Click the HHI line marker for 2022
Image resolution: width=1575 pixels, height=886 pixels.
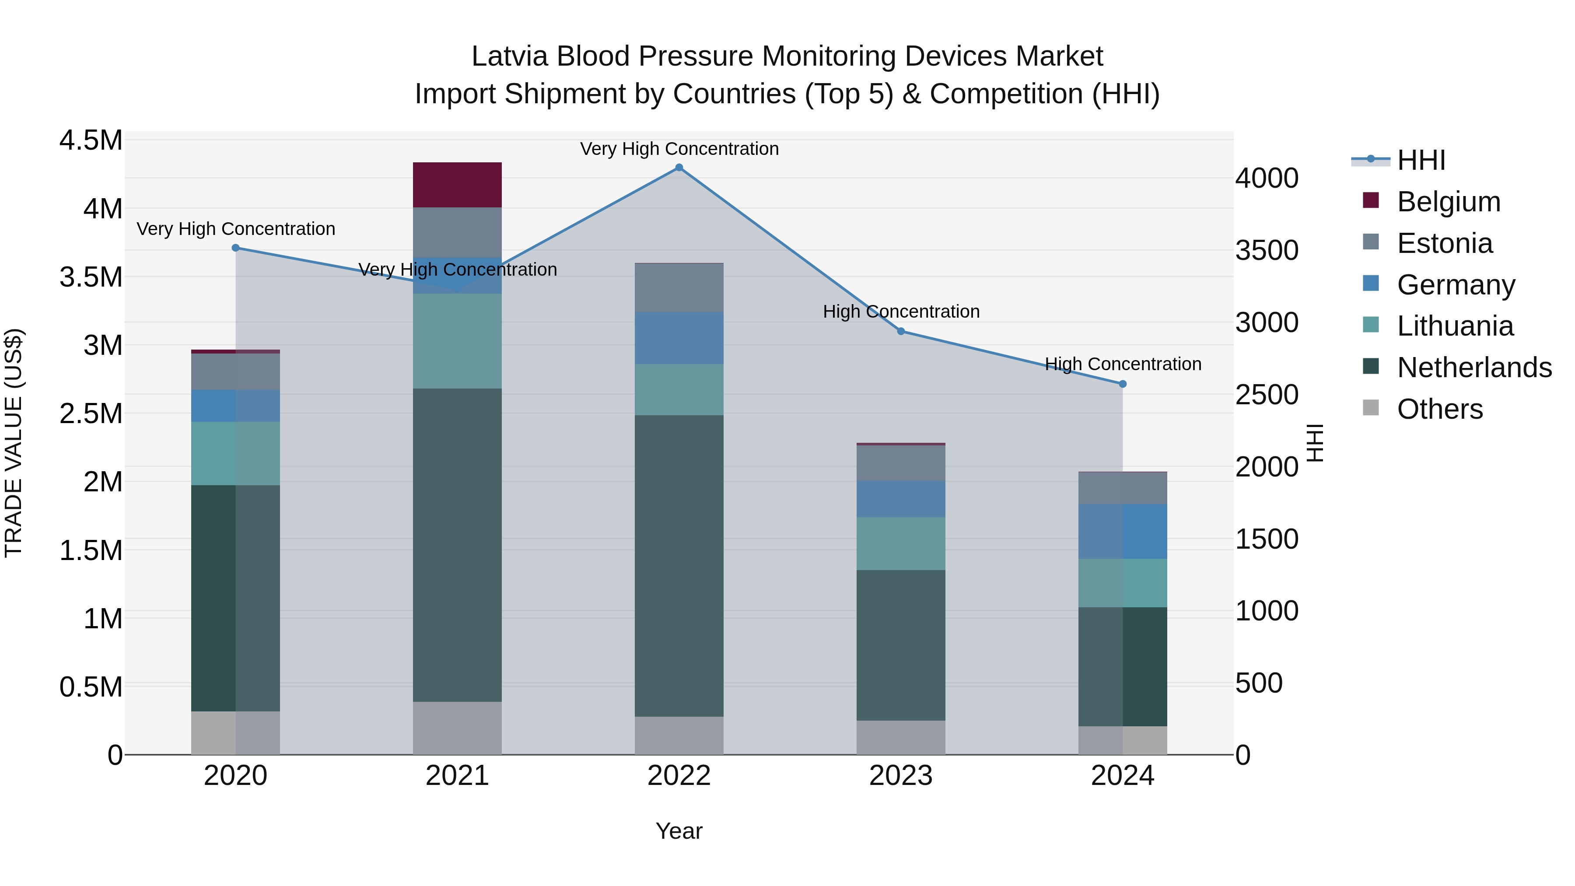pyautogui.click(x=679, y=168)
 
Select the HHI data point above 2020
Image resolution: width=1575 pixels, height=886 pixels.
pyautogui.click(x=235, y=248)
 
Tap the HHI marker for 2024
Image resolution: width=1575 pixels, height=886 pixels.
pyautogui.click(x=1123, y=384)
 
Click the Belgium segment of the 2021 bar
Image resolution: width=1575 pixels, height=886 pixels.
pyautogui.click(x=457, y=185)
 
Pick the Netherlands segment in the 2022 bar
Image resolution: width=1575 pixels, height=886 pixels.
pyautogui.click(x=679, y=566)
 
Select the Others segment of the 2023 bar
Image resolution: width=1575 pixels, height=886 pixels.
pyautogui.click(x=901, y=737)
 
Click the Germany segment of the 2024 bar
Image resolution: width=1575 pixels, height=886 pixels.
pyautogui.click(x=1123, y=531)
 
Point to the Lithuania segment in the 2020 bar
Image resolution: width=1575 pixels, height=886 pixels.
pyautogui.click(x=235, y=453)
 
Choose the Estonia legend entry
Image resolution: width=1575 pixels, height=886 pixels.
pyautogui.click(x=1445, y=243)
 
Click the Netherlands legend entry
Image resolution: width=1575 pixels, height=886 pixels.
pyautogui.click(x=1474, y=368)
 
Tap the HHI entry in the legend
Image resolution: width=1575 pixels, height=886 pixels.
pyautogui.click(x=1421, y=160)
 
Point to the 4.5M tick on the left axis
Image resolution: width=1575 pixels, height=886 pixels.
pyautogui.click(x=91, y=140)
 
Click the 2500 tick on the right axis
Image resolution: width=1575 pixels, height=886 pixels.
pyautogui.click(x=1267, y=395)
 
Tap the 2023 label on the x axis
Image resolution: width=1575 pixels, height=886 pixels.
pyautogui.click(x=901, y=776)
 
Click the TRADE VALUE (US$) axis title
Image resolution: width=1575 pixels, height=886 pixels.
pyautogui.click(x=14, y=443)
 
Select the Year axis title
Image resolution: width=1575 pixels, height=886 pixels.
pyautogui.click(x=679, y=831)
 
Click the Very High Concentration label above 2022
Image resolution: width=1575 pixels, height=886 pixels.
pyautogui.click(x=679, y=149)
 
